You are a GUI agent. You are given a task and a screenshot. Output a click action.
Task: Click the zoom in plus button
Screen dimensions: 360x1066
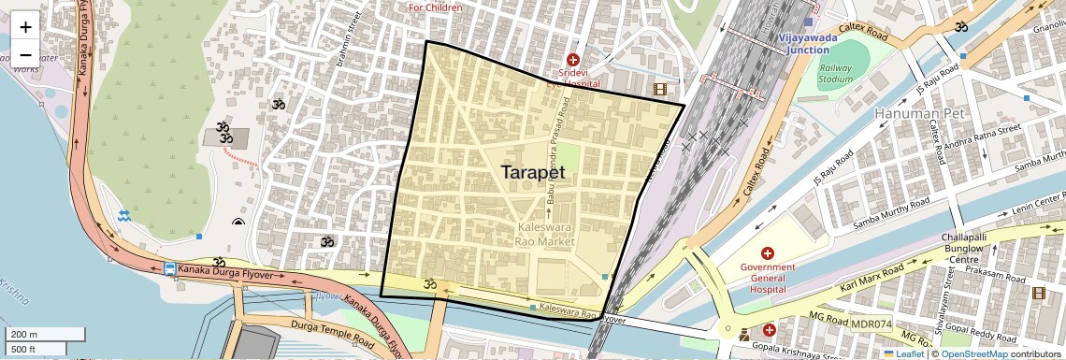[25, 27]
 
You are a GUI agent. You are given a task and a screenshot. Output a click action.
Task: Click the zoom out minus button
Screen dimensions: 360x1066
[25, 53]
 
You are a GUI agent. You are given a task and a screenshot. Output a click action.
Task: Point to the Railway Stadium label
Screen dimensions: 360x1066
[836, 74]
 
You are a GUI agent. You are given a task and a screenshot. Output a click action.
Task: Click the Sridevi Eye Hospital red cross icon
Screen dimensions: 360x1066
[573, 59]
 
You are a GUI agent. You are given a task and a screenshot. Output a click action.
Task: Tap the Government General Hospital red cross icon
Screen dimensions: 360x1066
[768, 253]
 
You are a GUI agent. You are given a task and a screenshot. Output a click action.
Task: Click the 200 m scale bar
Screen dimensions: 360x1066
[45, 334]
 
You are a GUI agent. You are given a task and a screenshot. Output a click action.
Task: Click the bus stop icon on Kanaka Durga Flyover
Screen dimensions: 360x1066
[169, 269]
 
